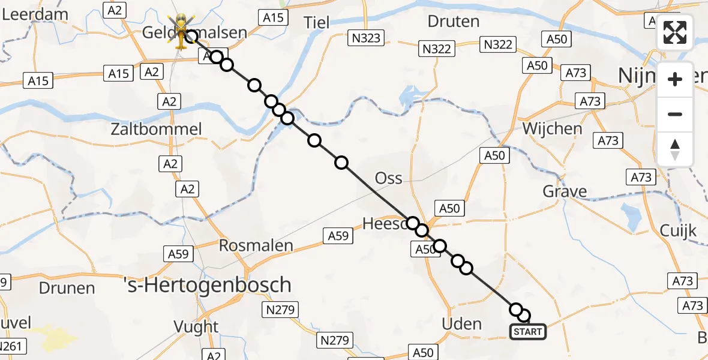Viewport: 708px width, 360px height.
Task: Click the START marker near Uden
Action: coord(528,331)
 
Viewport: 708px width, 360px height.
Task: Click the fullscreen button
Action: coord(675,33)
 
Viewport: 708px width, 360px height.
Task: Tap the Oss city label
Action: coord(388,178)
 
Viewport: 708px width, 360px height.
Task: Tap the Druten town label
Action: coord(454,22)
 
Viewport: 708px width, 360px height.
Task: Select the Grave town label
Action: coord(565,191)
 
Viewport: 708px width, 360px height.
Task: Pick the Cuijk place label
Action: coord(678,230)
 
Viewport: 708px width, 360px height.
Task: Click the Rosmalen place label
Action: coord(256,245)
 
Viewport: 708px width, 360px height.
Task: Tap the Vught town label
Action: coord(196,326)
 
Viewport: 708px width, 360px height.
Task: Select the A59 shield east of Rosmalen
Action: coord(338,236)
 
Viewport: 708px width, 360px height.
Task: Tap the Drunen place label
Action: coord(67,288)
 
